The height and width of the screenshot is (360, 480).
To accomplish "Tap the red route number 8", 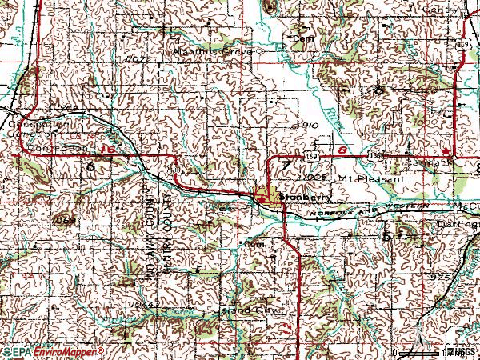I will click(x=342, y=149).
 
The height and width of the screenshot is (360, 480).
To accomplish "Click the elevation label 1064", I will click(x=145, y=306).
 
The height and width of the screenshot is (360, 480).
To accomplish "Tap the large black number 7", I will click(x=286, y=166).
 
